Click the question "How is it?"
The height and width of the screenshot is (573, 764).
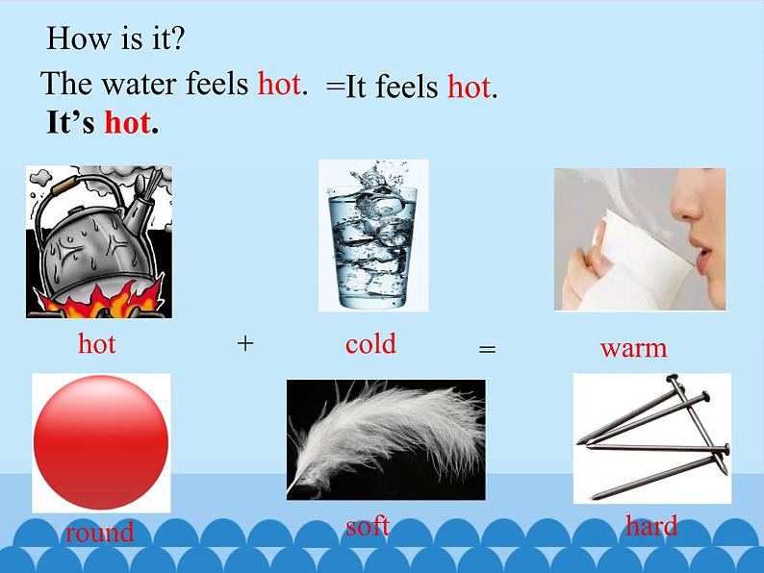coord(115,39)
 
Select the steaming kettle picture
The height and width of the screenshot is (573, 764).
coord(98,240)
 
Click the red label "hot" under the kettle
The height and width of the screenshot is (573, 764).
coord(96,343)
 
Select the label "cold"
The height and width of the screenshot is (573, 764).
coord(370,343)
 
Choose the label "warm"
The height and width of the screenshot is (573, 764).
coord(633,347)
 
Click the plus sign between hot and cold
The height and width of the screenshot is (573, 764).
coord(245,343)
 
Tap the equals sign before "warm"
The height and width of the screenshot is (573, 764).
coord(487,350)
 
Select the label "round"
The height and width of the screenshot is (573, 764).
coord(99,533)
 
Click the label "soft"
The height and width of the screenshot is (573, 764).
coord(368,526)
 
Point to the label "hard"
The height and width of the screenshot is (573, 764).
coord(651,526)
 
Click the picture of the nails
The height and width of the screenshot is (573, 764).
coord(650,437)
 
